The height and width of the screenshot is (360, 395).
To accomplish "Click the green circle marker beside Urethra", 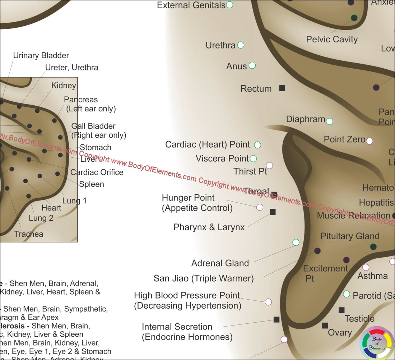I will click(x=241, y=45).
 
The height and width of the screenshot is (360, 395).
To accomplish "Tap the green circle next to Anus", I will click(x=252, y=65).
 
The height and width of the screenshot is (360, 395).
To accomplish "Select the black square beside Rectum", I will click(x=282, y=88).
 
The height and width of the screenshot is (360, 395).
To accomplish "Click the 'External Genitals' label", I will click(x=191, y=5).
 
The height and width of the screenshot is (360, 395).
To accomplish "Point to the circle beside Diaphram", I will click(x=329, y=121).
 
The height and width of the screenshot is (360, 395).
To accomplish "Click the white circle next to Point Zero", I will click(x=369, y=141).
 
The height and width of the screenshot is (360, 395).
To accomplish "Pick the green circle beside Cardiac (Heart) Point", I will click(x=257, y=145).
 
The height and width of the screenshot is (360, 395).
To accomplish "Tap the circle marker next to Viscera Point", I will click(x=253, y=158).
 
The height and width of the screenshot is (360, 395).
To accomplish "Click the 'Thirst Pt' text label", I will click(x=250, y=171).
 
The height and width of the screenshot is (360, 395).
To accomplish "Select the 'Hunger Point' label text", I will click(x=188, y=198).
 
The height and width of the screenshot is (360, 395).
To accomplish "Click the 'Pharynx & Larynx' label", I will click(x=209, y=227).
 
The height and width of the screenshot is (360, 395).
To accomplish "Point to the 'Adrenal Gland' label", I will click(x=220, y=263).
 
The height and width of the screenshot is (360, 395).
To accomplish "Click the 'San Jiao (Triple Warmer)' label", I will click(x=204, y=278).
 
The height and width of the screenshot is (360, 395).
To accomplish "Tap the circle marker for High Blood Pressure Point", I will click(x=268, y=302).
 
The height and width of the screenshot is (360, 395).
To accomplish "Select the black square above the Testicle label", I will click(x=341, y=310).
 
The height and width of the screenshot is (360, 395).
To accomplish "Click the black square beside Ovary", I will click(x=325, y=326).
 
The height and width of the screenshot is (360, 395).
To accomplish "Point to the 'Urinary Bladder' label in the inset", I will click(x=41, y=55).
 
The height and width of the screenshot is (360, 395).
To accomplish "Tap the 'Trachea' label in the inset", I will click(x=29, y=234).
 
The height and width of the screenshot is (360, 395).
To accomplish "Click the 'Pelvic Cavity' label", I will click(x=332, y=39).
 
